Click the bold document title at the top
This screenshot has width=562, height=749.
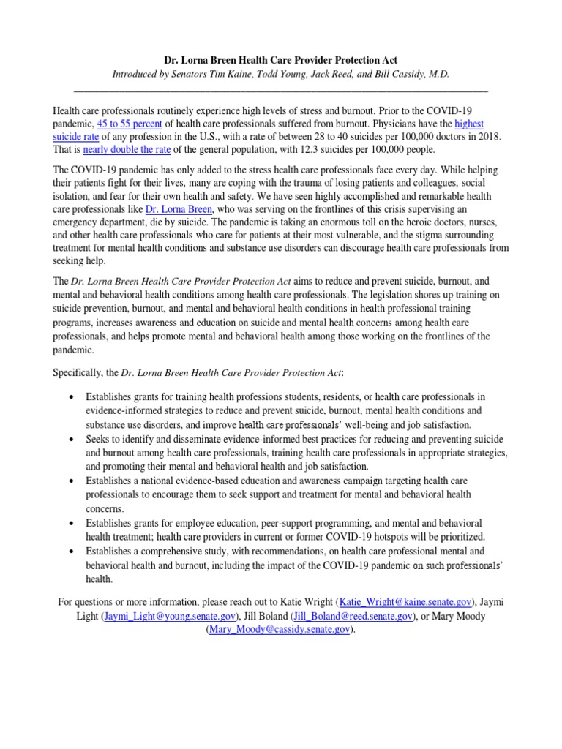click(x=281, y=59)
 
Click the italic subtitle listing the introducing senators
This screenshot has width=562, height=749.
click(x=281, y=74)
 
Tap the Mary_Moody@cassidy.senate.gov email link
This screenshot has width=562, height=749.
click(x=280, y=629)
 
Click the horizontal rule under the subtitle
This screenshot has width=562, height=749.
click(x=281, y=89)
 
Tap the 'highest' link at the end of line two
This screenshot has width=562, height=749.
click(x=469, y=124)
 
